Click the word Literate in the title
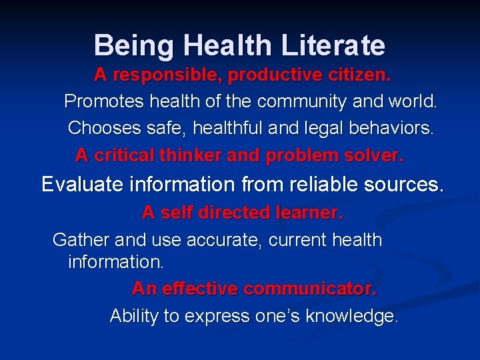pos(333,45)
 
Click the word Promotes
pos(103,102)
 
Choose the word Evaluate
pos(81,185)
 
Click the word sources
pos(406,185)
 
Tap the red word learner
pos(307,213)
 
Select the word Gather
pos(81,240)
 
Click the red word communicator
pos(310,289)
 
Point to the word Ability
pos(134,315)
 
